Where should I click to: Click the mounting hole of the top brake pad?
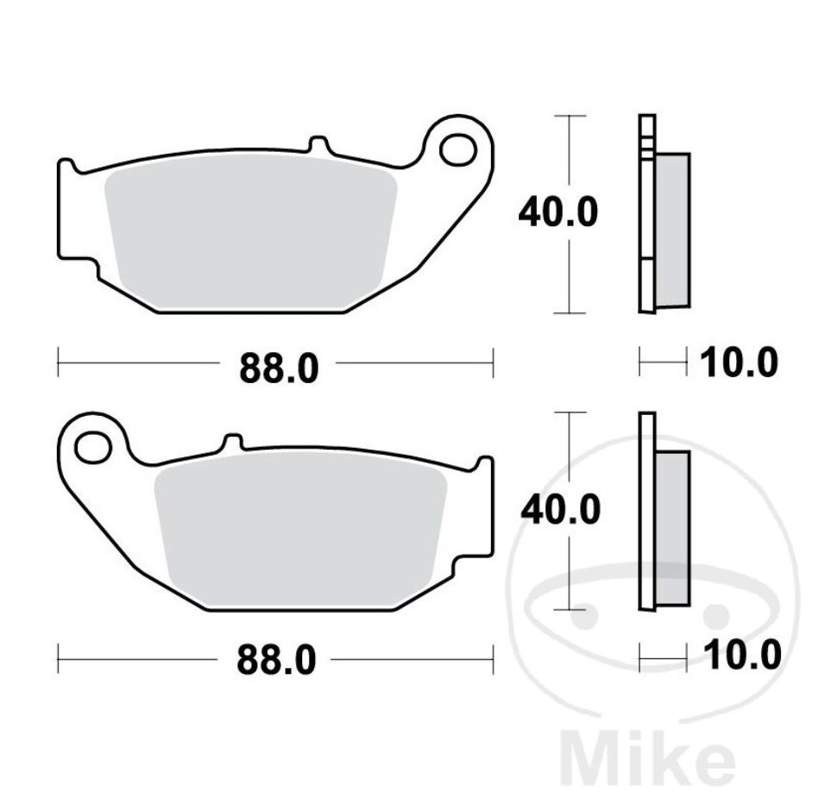tap(457, 148)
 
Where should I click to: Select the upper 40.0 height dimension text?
tap(558, 212)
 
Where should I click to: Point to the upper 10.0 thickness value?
tap(738, 363)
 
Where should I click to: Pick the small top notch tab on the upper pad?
tap(318, 142)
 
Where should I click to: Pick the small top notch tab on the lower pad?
tap(230, 440)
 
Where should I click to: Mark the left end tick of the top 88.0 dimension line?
tap(58, 362)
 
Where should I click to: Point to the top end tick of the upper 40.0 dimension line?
tap(569, 115)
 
